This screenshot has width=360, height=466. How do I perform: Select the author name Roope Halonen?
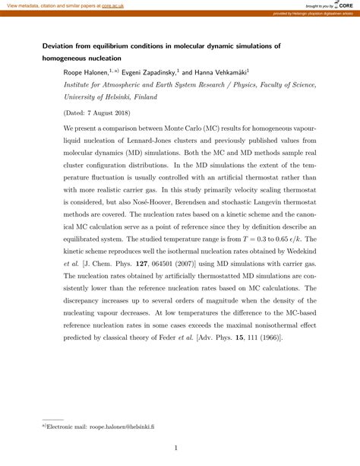pos(90,72)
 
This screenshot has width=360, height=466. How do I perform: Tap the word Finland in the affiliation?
pos(166,97)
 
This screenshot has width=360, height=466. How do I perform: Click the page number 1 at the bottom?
pos(175,449)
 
